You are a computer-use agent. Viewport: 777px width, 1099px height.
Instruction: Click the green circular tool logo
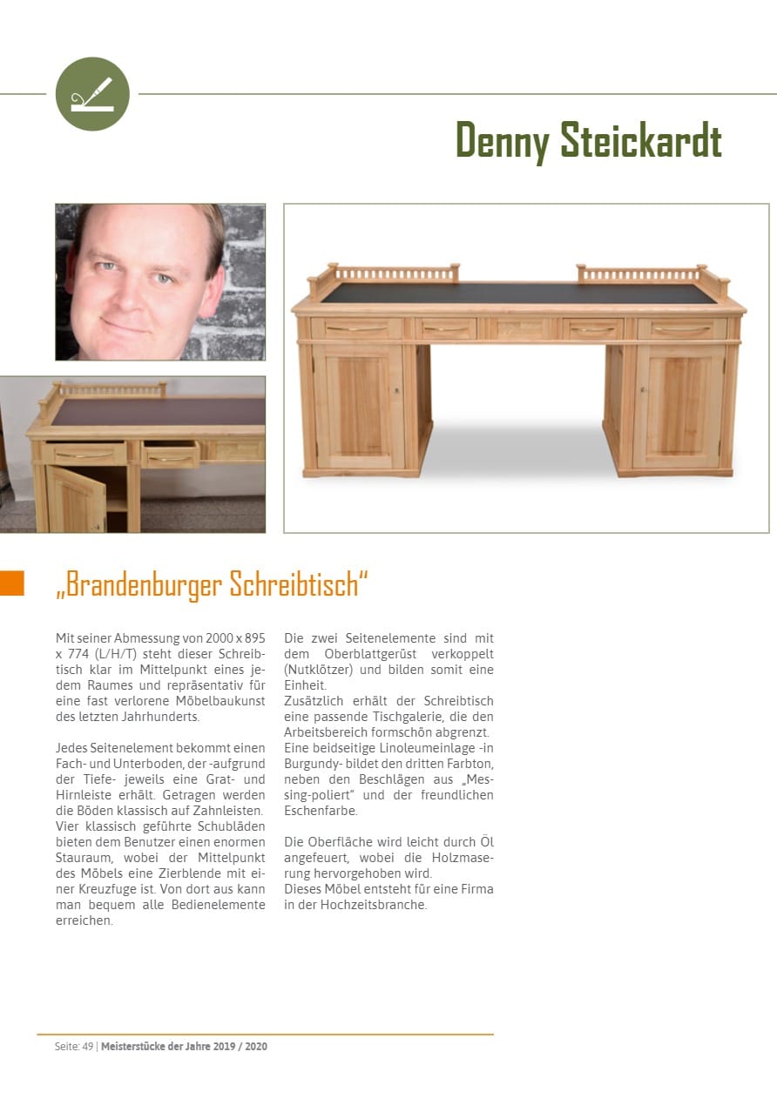click(92, 94)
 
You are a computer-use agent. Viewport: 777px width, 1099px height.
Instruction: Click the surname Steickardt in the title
click(640, 140)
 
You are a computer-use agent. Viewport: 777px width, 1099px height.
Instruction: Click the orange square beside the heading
click(12, 583)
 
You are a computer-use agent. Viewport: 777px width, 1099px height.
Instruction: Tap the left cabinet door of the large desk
click(358, 407)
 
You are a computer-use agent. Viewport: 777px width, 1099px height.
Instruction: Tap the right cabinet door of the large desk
click(679, 407)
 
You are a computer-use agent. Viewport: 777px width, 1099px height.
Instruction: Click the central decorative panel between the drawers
click(519, 329)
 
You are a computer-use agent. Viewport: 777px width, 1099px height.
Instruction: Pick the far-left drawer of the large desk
click(357, 329)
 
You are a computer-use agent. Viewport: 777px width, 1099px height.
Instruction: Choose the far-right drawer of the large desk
click(681, 329)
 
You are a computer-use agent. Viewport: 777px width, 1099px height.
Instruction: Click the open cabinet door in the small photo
click(77, 500)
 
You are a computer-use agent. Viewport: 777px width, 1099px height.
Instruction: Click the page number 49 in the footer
click(88, 1046)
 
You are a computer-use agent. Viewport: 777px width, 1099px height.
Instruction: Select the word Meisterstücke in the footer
click(132, 1046)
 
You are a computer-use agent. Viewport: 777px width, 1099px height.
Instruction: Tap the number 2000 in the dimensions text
click(224, 638)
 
